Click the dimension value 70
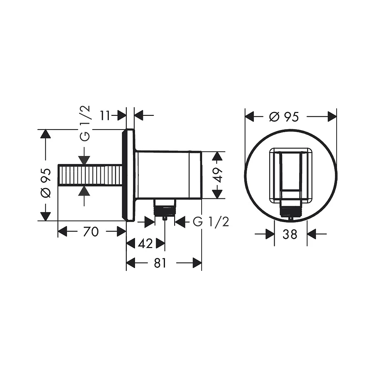point(91,232)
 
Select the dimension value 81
point(160,263)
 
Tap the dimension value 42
point(145,244)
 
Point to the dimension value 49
point(217,175)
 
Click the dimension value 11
point(105,116)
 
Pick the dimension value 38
point(290,234)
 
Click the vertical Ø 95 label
point(46,183)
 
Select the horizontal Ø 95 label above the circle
point(284,117)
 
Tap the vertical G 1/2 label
point(85,123)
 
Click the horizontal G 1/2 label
point(211,222)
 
